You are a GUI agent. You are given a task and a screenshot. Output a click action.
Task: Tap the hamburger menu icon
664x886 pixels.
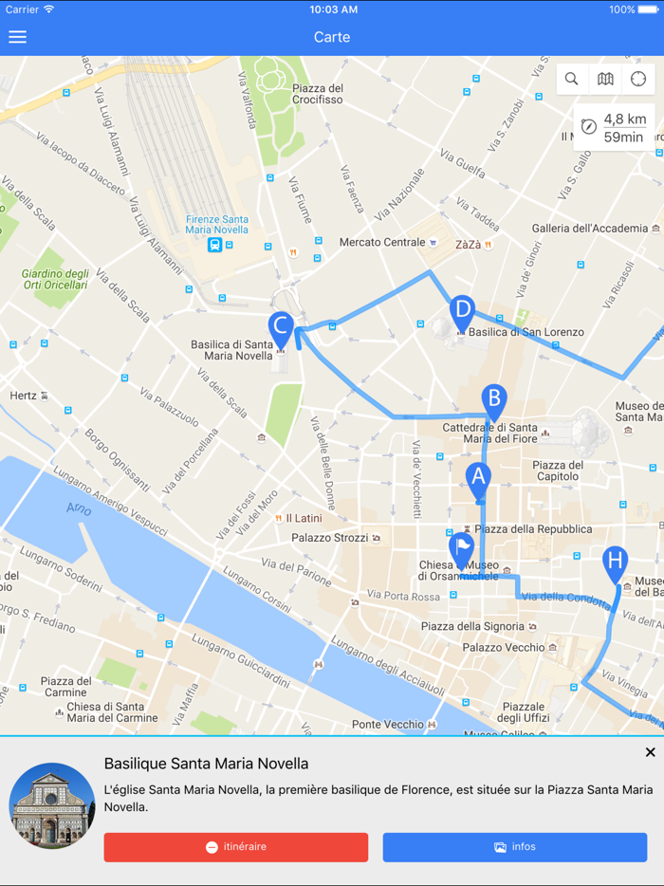pyautogui.click(x=17, y=37)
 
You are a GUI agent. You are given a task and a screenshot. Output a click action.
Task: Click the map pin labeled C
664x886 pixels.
pyautogui.click(x=280, y=327)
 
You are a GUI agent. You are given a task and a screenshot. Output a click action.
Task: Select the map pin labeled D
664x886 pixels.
pyautogui.click(x=462, y=311)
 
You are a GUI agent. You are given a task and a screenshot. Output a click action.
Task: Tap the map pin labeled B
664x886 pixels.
pyautogui.click(x=493, y=399)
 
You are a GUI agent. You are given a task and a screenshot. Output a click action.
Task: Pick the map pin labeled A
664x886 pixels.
pyautogui.click(x=478, y=479)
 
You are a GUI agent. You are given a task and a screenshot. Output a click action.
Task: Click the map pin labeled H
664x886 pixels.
pyautogui.click(x=615, y=563)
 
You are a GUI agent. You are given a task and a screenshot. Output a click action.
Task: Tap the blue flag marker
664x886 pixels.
pyautogui.click(x=461, y=548)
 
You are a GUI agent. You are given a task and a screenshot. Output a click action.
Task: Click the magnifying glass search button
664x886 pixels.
pyautogui.click(x=571, y=80)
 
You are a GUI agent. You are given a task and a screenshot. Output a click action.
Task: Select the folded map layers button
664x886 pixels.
pyautogui.click(x=605, y=80)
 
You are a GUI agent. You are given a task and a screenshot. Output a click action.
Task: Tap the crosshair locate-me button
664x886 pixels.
pyautogui.click(x=638, y=80)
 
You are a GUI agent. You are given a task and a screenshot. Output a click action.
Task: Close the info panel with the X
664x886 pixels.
pyautogui.click(x=650, y=752)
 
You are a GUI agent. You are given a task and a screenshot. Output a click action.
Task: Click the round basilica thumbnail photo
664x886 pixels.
pyautogui.click(x=52, y=805)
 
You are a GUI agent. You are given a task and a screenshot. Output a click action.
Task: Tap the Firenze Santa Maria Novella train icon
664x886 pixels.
pyautogui.click(x=215, y=245)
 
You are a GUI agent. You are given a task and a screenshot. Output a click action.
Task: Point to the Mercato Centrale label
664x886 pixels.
pyautogui.click(x=382, y=243)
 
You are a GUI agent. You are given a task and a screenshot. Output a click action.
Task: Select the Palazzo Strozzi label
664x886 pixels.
pyautogui.click(x=329, y=538)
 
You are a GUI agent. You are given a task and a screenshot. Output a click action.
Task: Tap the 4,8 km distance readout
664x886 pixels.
pyautogui.click(x=624, y=120)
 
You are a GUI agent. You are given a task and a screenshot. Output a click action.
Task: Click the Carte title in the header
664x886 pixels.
pyautogui.click(x=332, y=37)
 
